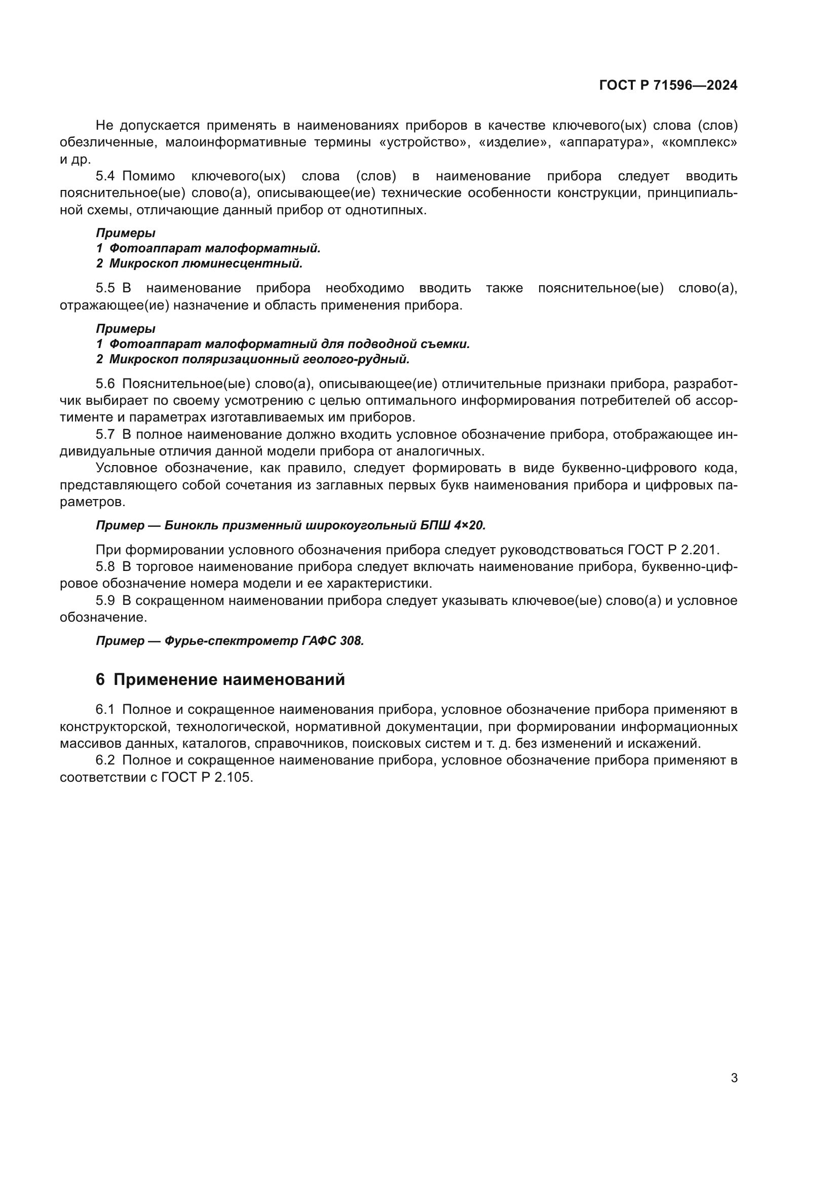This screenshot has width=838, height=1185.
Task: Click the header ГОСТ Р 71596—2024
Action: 668,85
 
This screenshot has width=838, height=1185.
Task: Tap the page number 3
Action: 734,1078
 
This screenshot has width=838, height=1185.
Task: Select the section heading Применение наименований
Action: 228,680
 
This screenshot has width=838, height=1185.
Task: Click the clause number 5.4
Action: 105,176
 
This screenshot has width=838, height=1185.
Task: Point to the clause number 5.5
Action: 105,288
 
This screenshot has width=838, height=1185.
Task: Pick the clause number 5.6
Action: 105,384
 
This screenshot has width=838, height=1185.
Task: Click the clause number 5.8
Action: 105,567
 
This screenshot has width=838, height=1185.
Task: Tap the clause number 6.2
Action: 105,760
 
